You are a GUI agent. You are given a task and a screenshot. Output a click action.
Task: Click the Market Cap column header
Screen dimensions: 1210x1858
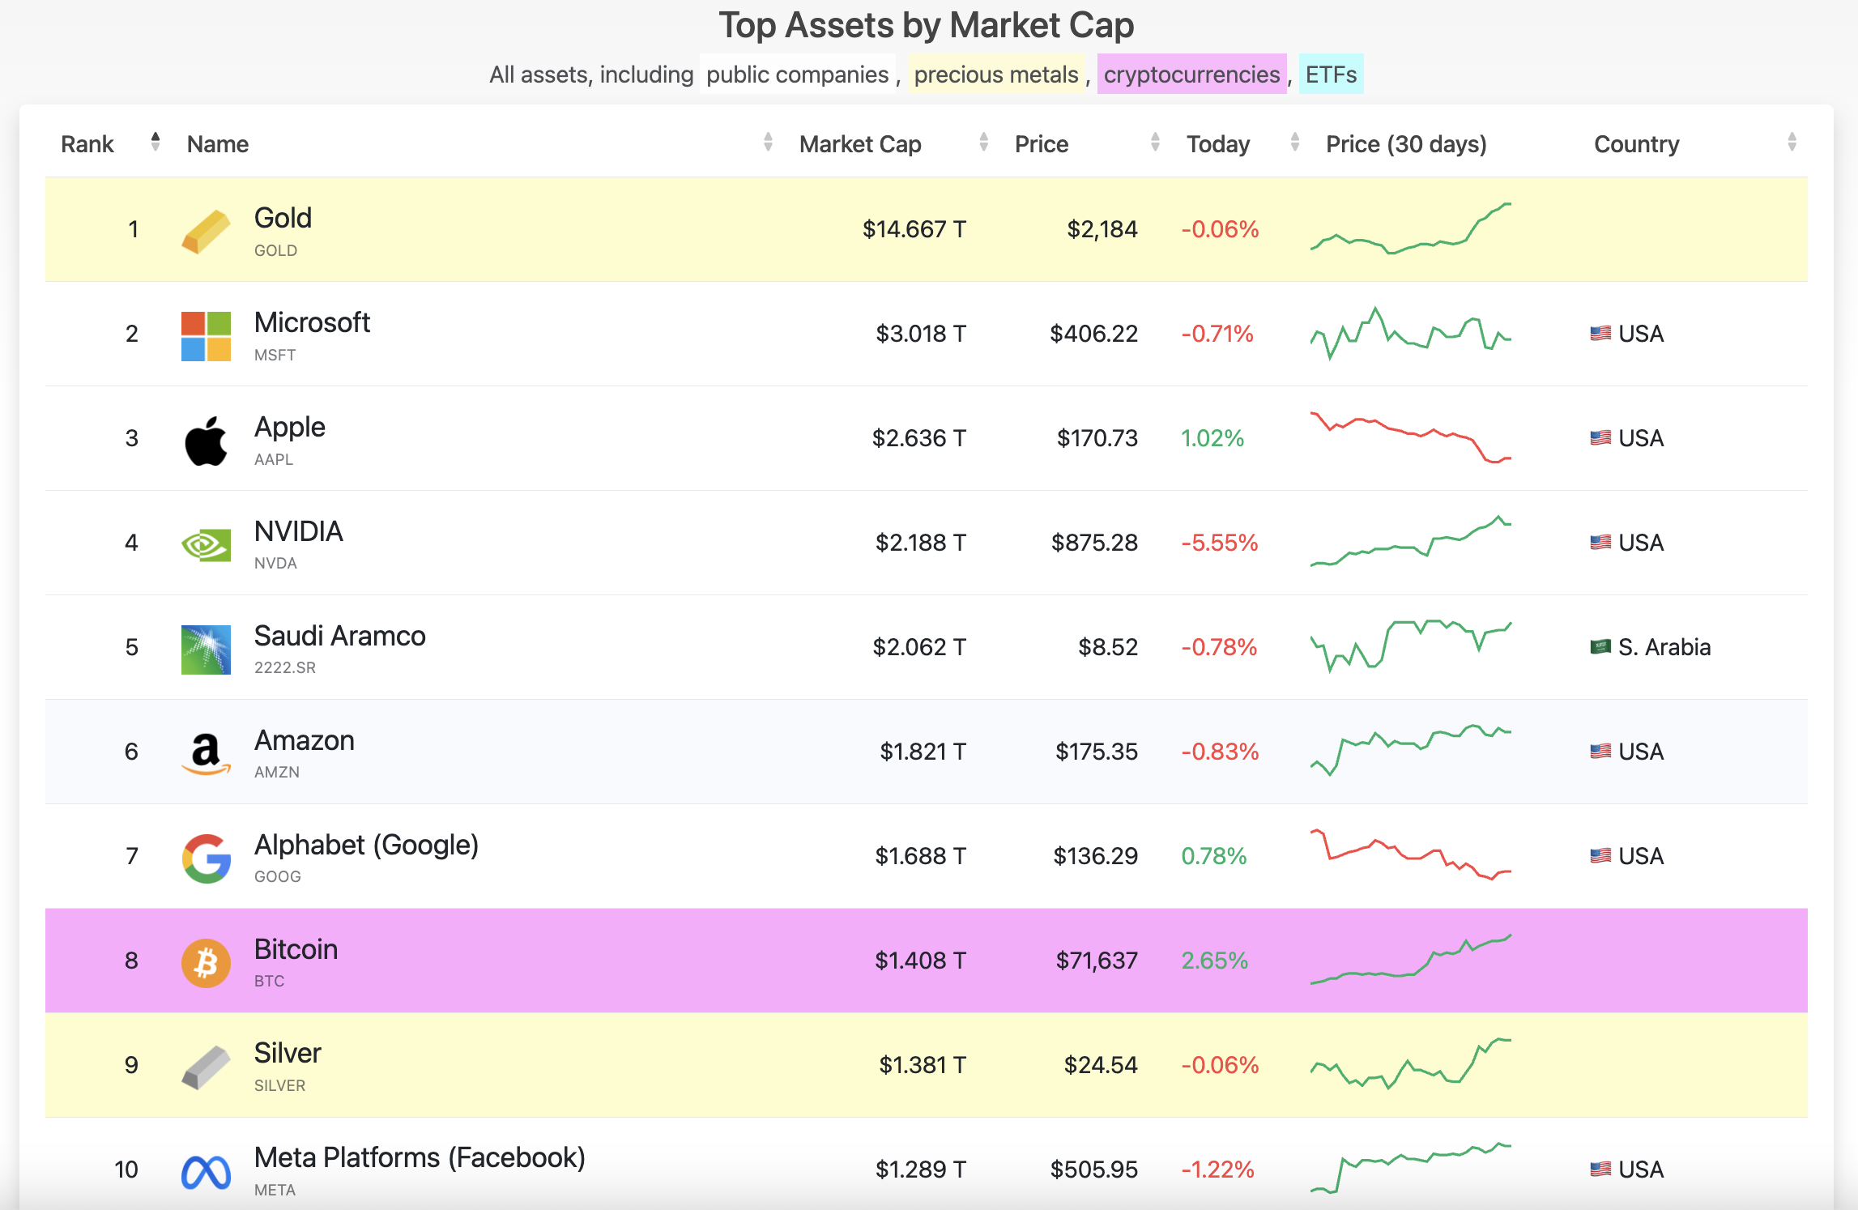(860, 144)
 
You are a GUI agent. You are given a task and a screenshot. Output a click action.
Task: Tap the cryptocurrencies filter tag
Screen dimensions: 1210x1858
(1191, 75)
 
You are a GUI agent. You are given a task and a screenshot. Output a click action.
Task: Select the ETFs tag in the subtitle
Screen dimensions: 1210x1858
(1331, 75)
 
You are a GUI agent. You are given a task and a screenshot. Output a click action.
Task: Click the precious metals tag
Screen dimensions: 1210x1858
(996, 75)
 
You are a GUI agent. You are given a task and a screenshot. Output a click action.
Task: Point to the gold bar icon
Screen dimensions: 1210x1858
(206, 232)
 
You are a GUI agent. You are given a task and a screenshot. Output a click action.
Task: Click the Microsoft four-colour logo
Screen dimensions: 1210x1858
(206, 336)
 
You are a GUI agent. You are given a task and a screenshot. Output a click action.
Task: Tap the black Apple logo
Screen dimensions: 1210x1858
(206, 441)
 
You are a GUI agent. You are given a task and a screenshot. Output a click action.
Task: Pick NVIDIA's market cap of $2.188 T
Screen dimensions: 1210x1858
(920, 543)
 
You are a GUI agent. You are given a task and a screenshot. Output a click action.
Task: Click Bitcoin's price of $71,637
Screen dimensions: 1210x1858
(1097, 961)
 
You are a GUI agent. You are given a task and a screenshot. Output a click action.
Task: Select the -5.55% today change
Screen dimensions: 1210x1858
(1220, 543)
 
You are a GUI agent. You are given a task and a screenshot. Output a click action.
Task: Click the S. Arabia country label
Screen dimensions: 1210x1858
(1664, 647)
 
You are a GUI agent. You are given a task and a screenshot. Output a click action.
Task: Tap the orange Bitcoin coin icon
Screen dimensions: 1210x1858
(206, 963)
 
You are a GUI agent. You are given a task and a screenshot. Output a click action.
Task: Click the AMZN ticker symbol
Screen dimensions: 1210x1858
(277, 773)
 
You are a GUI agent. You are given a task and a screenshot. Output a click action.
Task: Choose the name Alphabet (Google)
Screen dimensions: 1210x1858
(366, 846)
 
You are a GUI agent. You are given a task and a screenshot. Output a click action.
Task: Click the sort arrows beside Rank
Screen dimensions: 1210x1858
(156, 143)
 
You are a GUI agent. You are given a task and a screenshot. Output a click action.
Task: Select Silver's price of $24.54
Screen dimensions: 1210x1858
(1101, 1065)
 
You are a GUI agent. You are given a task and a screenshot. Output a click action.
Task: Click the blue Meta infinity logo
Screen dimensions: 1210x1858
(206, 1172)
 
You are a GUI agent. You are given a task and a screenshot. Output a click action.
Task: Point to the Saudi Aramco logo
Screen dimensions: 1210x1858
(206, 650)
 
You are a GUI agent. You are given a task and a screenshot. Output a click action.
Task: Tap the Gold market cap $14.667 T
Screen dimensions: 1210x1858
(914, 229)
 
